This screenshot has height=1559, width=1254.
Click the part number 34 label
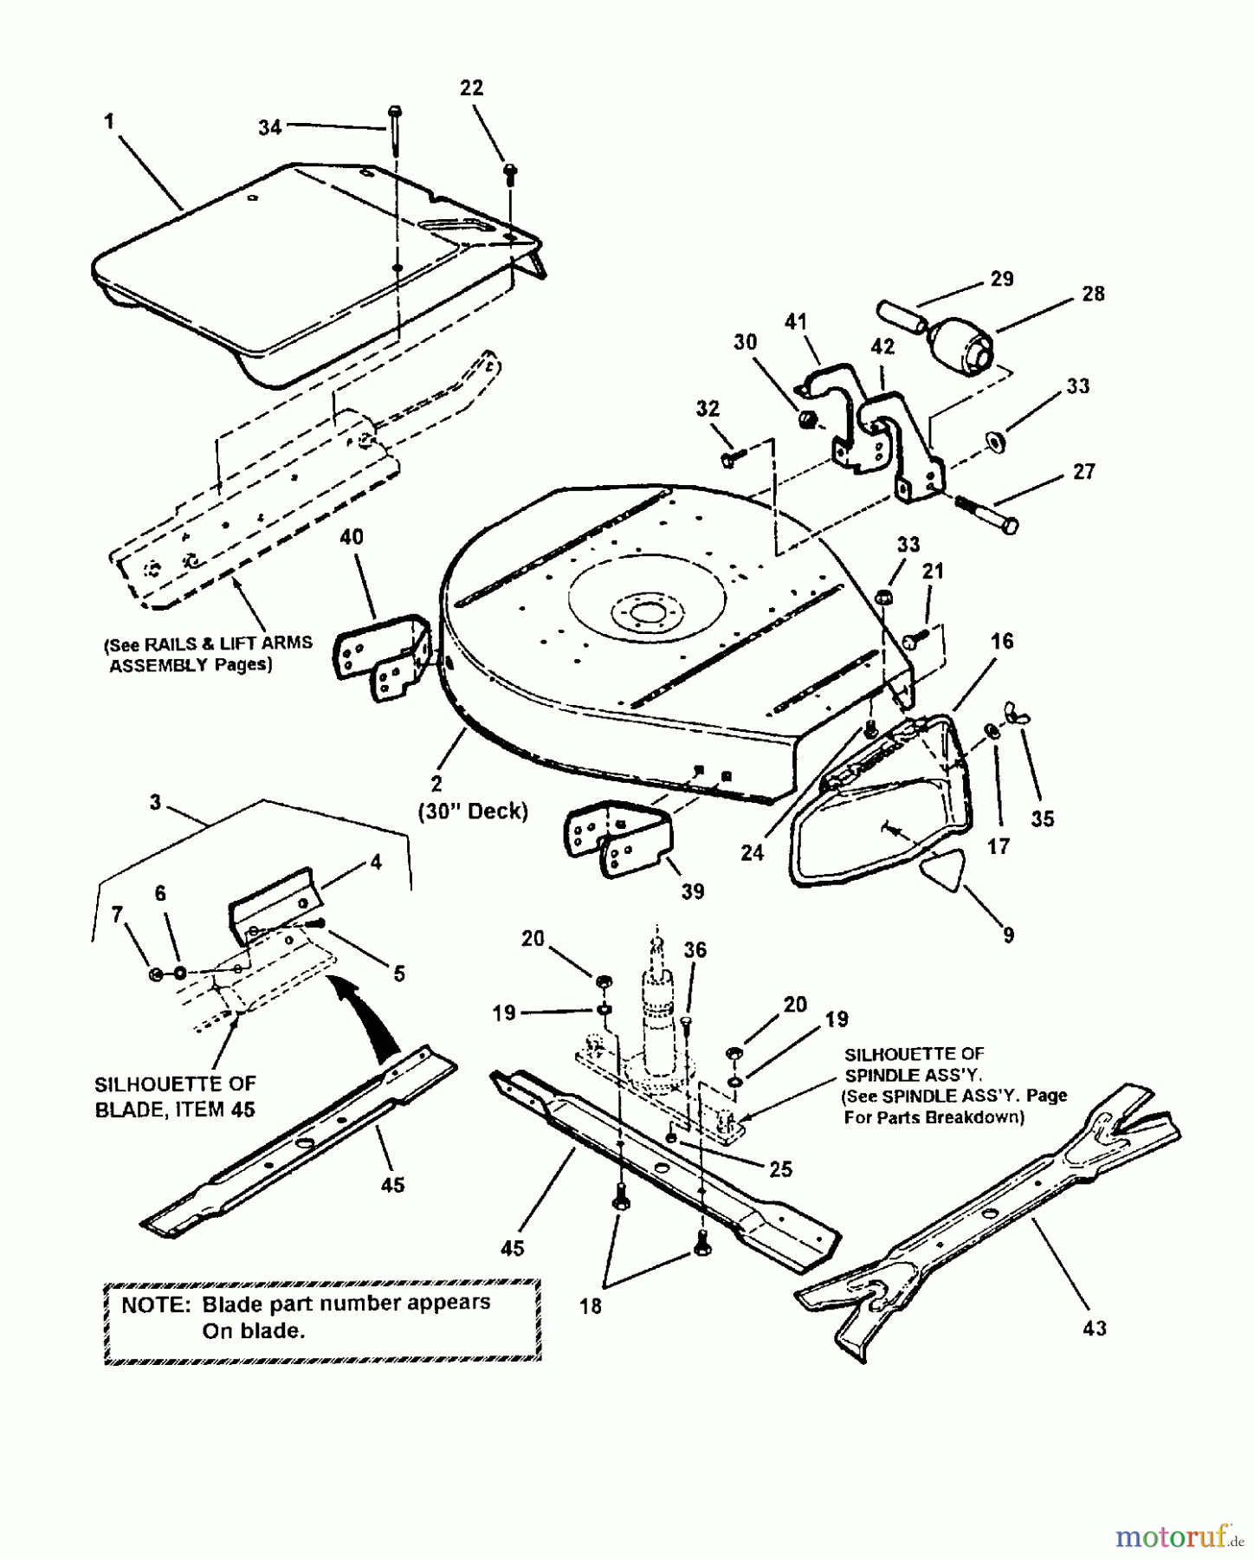[x=270, y=127]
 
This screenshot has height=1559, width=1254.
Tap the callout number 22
[x=471, y=87]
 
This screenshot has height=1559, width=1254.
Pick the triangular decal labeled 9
[x=940, y=874]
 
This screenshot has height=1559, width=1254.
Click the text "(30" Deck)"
[x=473, y=812]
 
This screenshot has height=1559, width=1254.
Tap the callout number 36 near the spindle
[x=695, y=950]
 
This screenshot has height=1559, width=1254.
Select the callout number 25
[x=780, y=1169]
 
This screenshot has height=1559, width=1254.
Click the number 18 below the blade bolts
[x=591, y=1305]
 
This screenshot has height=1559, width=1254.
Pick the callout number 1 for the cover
[x=109, y=121]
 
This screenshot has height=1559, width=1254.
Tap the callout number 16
[x=1002, y=641]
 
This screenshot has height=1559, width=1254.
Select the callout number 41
[x=795, y=322]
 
